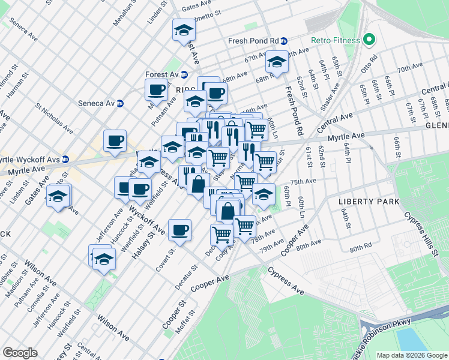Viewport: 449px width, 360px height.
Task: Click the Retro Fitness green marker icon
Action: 369,41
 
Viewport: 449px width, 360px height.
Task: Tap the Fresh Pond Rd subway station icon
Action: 284,41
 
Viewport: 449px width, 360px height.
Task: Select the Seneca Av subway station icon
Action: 119,103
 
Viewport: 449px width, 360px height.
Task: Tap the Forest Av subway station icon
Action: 184,74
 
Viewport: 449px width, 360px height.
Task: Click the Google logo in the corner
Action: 20,352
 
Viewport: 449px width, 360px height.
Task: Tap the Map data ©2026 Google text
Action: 412,355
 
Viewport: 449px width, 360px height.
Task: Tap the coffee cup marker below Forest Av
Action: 156,89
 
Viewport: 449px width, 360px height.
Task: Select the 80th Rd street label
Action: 361,247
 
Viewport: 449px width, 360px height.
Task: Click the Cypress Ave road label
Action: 286,279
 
